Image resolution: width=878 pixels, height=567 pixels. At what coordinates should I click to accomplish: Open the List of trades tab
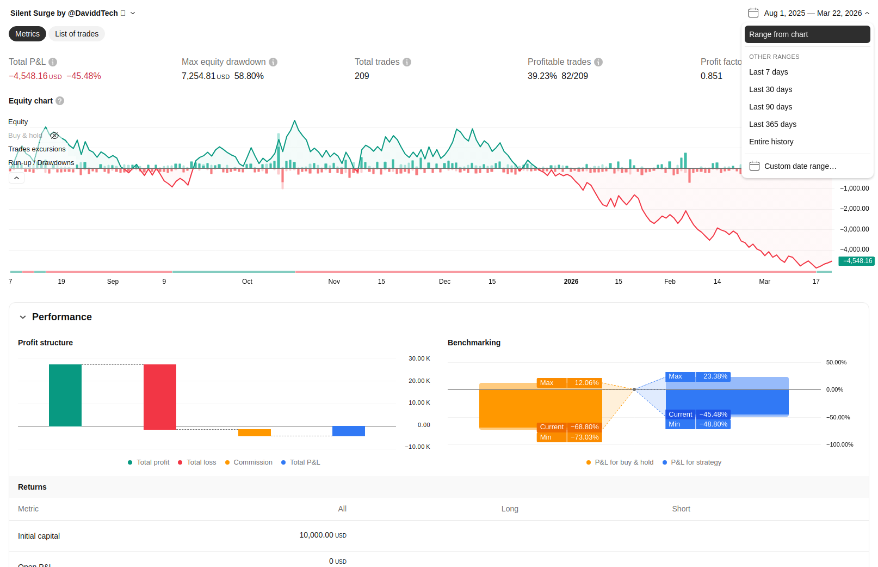click(77, 34)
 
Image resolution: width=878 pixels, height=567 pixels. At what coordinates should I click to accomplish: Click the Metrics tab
click(27, 34)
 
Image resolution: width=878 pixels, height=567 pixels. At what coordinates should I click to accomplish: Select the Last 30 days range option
click(770, 89)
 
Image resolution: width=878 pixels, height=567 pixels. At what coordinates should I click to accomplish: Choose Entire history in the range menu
click(771, 142)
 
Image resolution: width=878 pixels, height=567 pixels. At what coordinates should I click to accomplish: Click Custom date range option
click(793, 166)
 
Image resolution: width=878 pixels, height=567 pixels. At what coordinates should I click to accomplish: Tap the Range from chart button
click(807, 34)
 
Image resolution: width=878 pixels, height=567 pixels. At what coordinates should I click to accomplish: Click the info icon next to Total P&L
click(53, 62)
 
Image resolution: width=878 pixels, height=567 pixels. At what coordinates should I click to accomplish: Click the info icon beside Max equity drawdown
click(273, 62)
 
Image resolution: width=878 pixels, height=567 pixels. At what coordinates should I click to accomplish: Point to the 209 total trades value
click(362, 76)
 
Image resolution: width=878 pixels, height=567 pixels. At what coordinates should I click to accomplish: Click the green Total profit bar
click(65, 395)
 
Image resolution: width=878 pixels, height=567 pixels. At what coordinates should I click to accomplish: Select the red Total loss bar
click(160, 397)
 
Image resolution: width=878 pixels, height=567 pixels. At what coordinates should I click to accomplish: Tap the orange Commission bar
click(255, 433)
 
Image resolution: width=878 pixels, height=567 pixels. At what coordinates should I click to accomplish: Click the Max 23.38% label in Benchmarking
click(698, 377)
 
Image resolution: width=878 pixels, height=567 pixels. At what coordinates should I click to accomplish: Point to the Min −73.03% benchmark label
click(569, 437)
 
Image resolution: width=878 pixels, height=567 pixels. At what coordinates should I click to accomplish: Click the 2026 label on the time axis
click(571, 282)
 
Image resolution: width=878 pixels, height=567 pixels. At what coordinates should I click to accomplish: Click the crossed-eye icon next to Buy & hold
click(54, 136)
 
